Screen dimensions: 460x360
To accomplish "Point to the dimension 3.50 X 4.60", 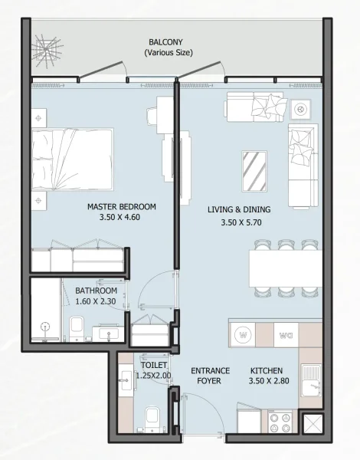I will click(121, 217).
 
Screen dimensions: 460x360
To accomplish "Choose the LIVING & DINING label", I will click(238, 209).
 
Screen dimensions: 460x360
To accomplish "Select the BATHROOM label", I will click(96, 291).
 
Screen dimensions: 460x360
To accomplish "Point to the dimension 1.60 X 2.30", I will click(96, 302).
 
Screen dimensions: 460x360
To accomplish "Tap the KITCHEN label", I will click(266, 370).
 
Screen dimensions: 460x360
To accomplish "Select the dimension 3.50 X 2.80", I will click(266, 381).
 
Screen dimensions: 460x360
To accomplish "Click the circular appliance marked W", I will click(244, 334).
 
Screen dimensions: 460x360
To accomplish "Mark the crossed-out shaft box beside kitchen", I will click(313, 425).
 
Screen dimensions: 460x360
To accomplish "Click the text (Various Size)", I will click(169, 53).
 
